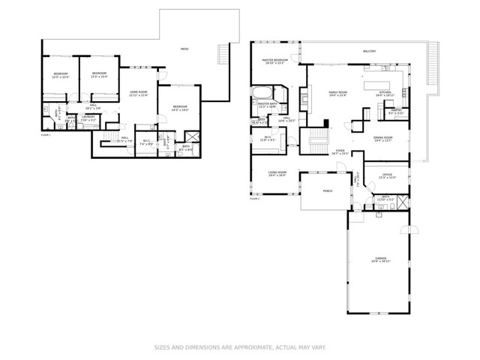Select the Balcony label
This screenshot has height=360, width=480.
click(x=369, y=51)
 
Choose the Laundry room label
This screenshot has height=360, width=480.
click(x=88, y=118)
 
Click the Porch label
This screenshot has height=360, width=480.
click(x=327, y=191)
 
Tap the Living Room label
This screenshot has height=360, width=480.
click(x=277, y=173)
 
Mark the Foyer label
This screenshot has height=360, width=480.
click(x=340, y=151)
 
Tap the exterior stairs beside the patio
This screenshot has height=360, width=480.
click(x=221, y=55)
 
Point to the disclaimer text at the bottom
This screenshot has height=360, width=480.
click(x=240, y=347)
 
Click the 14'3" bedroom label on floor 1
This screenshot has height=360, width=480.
click(x=179, y=108)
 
